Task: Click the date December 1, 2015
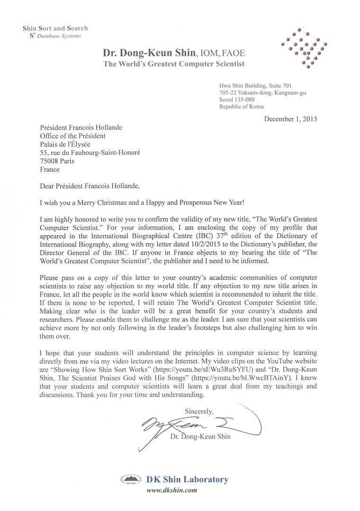(x=290, y=119)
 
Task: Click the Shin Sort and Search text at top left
(x=55, y=28)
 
